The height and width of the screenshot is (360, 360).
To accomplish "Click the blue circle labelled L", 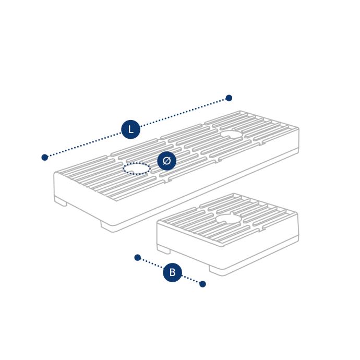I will coord(130,129).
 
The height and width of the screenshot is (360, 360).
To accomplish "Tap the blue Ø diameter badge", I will coord(166,161).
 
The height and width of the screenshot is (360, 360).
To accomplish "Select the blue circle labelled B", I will coord(172,272).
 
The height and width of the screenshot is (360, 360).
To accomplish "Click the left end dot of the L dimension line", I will coord(45,157).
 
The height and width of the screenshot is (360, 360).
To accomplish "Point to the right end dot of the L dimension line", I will coord(229,98).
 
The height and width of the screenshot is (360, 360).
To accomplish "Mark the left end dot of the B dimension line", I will coord(138,257).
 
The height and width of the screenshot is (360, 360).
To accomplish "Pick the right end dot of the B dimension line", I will coord(202,284).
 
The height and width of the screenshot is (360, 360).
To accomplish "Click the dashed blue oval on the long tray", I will coord(137,169).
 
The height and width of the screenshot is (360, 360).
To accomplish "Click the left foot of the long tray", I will coord(61,202).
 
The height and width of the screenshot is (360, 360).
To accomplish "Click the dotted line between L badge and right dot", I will coord(183,113).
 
